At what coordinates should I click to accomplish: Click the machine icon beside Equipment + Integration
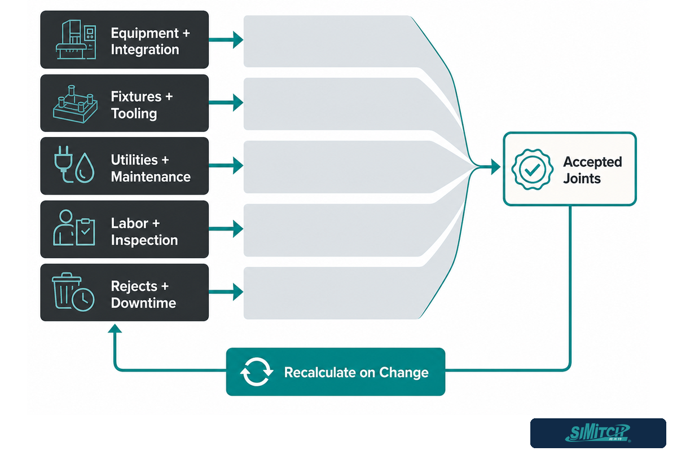coord(76,39)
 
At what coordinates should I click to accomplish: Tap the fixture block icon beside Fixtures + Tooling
coord(75,104)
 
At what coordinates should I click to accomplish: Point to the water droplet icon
coord(85,168)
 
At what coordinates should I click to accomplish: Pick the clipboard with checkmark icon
coord(86,232)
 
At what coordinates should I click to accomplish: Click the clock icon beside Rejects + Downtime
coord(83,300)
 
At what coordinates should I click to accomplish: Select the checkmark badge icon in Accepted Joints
coord(532,170)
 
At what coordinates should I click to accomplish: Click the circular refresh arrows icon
coord(257,372)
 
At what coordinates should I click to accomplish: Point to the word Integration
coord(145,50)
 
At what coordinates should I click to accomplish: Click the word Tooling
coord(134,114)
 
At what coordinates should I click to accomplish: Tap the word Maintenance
coord(151,176)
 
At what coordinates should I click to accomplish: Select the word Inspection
coord(144,240)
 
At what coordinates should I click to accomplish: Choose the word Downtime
coord(143,303)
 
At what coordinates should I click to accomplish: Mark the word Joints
coord(582,179)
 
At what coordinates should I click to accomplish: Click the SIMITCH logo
coord(598,433)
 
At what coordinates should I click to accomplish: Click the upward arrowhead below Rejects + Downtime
coord(115,329)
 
